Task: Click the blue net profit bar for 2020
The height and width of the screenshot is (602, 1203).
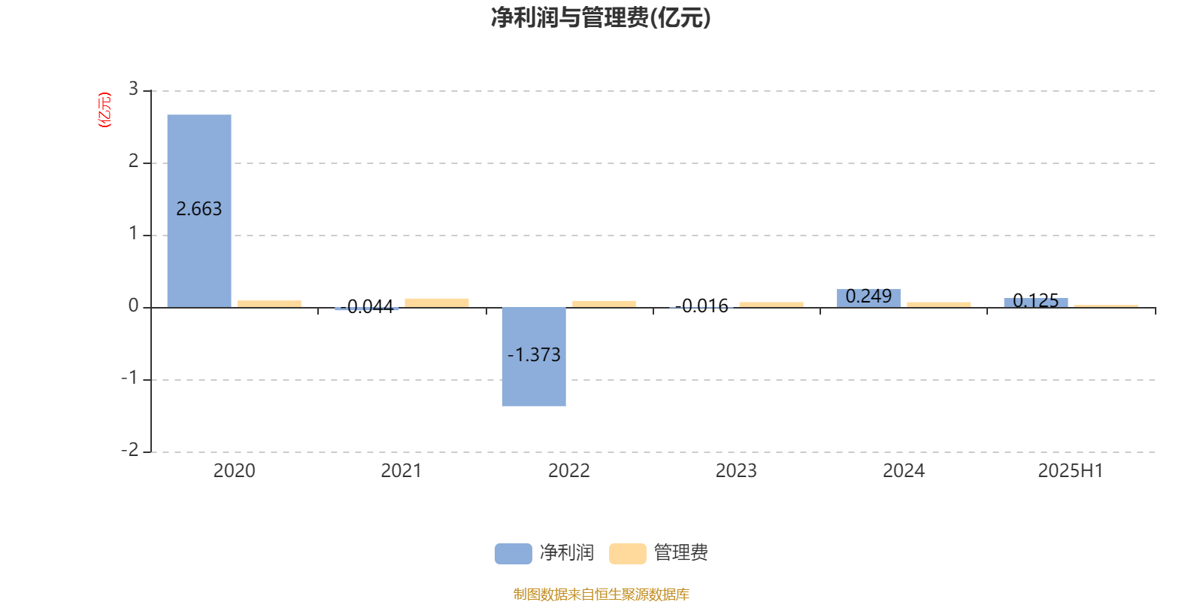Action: tap(199, 211)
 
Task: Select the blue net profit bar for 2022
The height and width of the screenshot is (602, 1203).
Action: tap(534, 357)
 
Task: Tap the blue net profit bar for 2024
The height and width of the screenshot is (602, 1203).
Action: tap(868, 298)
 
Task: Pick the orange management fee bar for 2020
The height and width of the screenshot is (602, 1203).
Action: tap(270, 304)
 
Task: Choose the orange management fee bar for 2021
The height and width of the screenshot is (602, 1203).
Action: tap(437, 303)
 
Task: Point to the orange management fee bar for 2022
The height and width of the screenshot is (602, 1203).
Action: tap(605, 304)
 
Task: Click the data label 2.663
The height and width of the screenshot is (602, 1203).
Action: tap(198, 208)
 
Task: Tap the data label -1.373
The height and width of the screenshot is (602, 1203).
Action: tap(534, 354)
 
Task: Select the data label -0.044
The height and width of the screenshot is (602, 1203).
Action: tap(367, 307)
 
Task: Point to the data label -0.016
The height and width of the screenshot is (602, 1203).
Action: tap(701, 306)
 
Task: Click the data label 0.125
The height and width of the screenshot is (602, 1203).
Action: tap(1035, 300)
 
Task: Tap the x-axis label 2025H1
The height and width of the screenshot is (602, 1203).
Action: tap(1071, 471)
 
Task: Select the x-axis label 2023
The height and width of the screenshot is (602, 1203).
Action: tap(736, 471)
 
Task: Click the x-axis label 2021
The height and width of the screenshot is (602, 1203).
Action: tap(402, 471)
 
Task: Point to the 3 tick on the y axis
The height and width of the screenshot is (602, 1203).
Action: tap(133, 89)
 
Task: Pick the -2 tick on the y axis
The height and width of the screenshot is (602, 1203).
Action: tap(130, 450)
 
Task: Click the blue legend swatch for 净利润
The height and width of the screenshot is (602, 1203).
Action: tap(514, 554)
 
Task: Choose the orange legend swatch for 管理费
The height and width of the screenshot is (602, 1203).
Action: tap(627, 554)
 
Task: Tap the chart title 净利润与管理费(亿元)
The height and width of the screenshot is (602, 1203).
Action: tap(601, 18)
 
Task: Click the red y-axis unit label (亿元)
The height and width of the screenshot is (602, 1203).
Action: tap(105, 110)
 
